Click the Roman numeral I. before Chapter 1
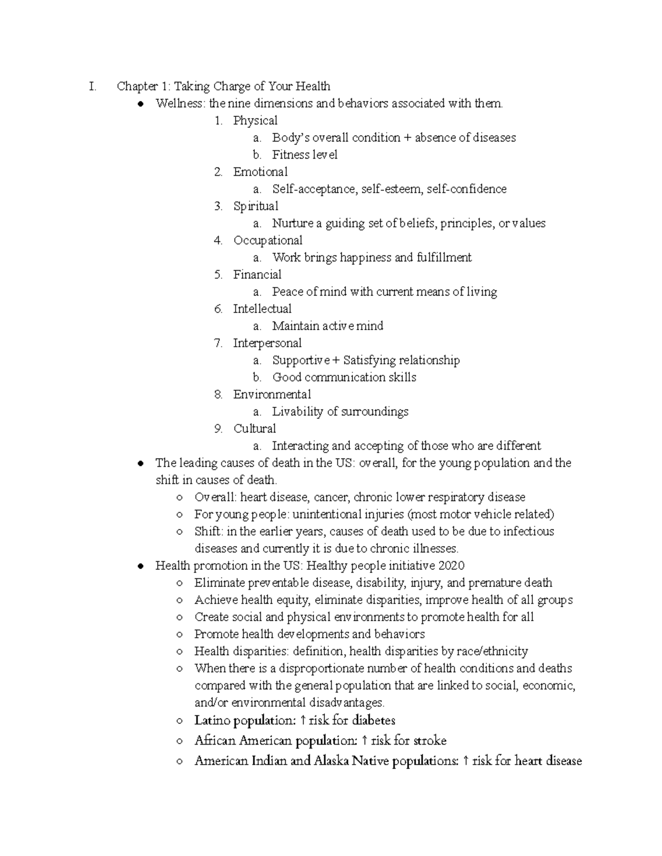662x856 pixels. (x=92, y=87)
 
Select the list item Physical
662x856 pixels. (x=255, y=121)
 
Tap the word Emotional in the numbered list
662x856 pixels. (x=260, y=172)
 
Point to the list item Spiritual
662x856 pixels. (x=255, y=206)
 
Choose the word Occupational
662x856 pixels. (x=268, y=240)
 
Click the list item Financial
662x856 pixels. (x=257, y=274)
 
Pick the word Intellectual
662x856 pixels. (x=262, y=309)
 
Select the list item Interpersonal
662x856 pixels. (x=267, y=343)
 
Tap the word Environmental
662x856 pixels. (x=272, y=394)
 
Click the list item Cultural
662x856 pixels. (x=254, y=428)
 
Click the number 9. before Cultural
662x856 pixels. (x=218, y=428)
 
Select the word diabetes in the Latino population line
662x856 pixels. (x=373, y=720)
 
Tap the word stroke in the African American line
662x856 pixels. (x=430, y=741)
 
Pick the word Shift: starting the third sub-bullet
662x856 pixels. (x=209, y=531)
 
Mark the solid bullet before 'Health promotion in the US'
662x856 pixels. (x=142, y=566)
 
